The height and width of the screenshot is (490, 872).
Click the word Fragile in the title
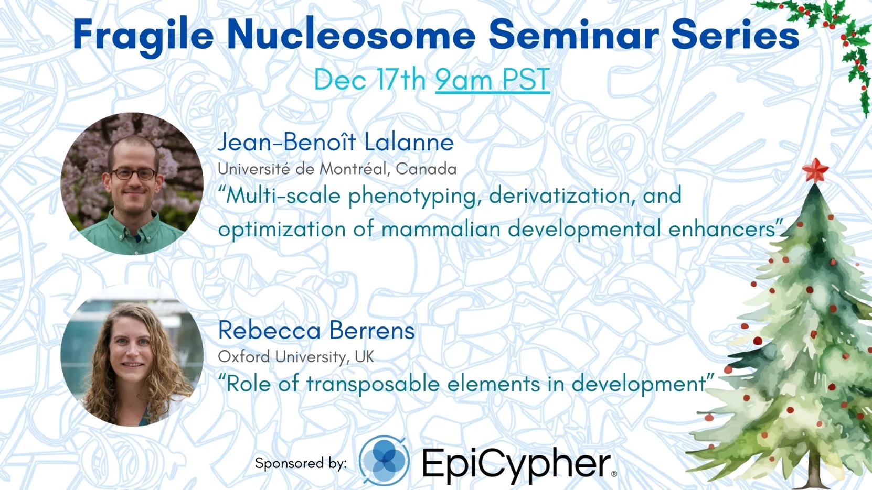pos(143,36)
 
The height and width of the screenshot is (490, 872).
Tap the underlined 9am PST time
pos(493,80)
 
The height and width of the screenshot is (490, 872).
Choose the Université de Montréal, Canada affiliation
pos(337,169)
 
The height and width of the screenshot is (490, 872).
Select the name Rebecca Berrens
pos(316,331)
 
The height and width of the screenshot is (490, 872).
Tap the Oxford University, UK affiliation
pos(296,356)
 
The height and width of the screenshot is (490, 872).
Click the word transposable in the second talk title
pos(374,384)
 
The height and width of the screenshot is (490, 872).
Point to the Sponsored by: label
pos(301,463)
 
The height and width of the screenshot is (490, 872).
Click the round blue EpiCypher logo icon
pos(384,461)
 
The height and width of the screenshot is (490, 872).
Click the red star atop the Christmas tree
pos(815,171)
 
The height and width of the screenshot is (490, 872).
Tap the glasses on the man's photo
pos(133,173)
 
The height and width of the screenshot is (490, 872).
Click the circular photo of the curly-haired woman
pos(132,356)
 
